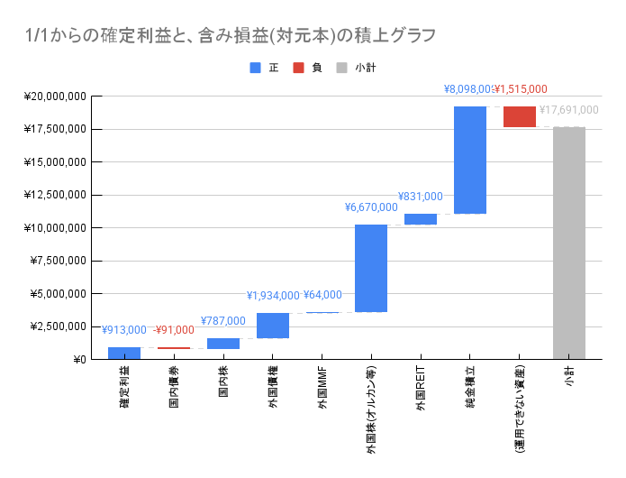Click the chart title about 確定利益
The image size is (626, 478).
click(x=232, y=36)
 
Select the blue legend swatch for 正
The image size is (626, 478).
click(x=256, y=68)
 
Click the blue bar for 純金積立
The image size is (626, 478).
click(x=470, y=160)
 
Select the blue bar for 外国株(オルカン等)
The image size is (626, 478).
click(x=371, y=268)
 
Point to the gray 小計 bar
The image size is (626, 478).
click(x=569, y=243)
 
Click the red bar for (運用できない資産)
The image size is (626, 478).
click(x=520, y=116)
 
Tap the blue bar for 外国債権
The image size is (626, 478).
click(x=273, y=325)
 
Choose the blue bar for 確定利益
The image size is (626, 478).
click(x=124, y=353)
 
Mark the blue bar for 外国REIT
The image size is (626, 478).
click(x=421, y=218)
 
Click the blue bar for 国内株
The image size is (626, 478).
click(x=223, y=343)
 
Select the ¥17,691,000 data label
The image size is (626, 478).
click(x=569, y=110)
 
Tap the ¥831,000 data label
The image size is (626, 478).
click(x=421, y=196)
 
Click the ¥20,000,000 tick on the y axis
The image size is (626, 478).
click(x=57, y=97)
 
